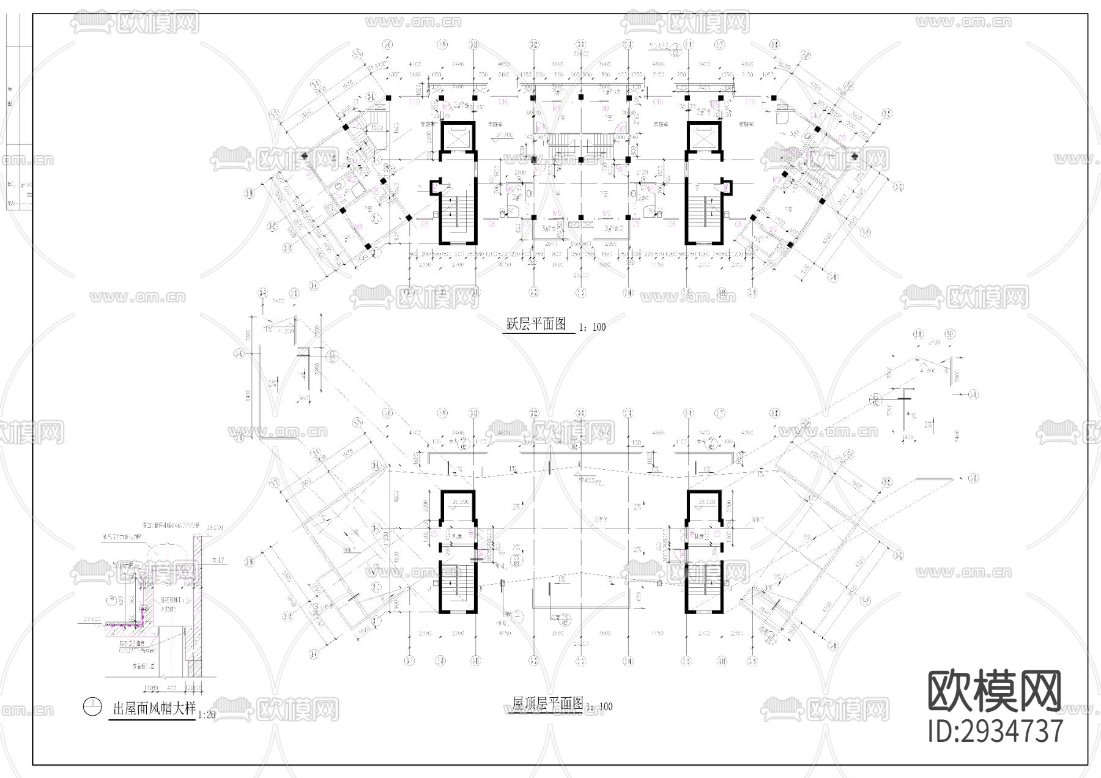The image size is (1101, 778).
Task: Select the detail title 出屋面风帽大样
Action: tap(154, 708)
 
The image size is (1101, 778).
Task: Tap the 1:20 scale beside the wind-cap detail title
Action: tap(207, 714)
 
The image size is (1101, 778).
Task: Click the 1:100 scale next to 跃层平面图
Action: tap(591, 327)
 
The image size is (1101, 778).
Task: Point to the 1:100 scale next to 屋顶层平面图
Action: tap(599, 706)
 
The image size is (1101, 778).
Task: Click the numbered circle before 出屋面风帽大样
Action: tap(92, 707)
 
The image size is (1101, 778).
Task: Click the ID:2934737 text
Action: tap(995, 731)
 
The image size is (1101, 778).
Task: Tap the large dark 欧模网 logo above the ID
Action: tap(995, 692)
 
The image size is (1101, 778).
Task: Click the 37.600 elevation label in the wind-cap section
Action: tap(92, 620)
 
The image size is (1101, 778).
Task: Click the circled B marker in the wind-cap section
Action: tap(111, 599)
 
